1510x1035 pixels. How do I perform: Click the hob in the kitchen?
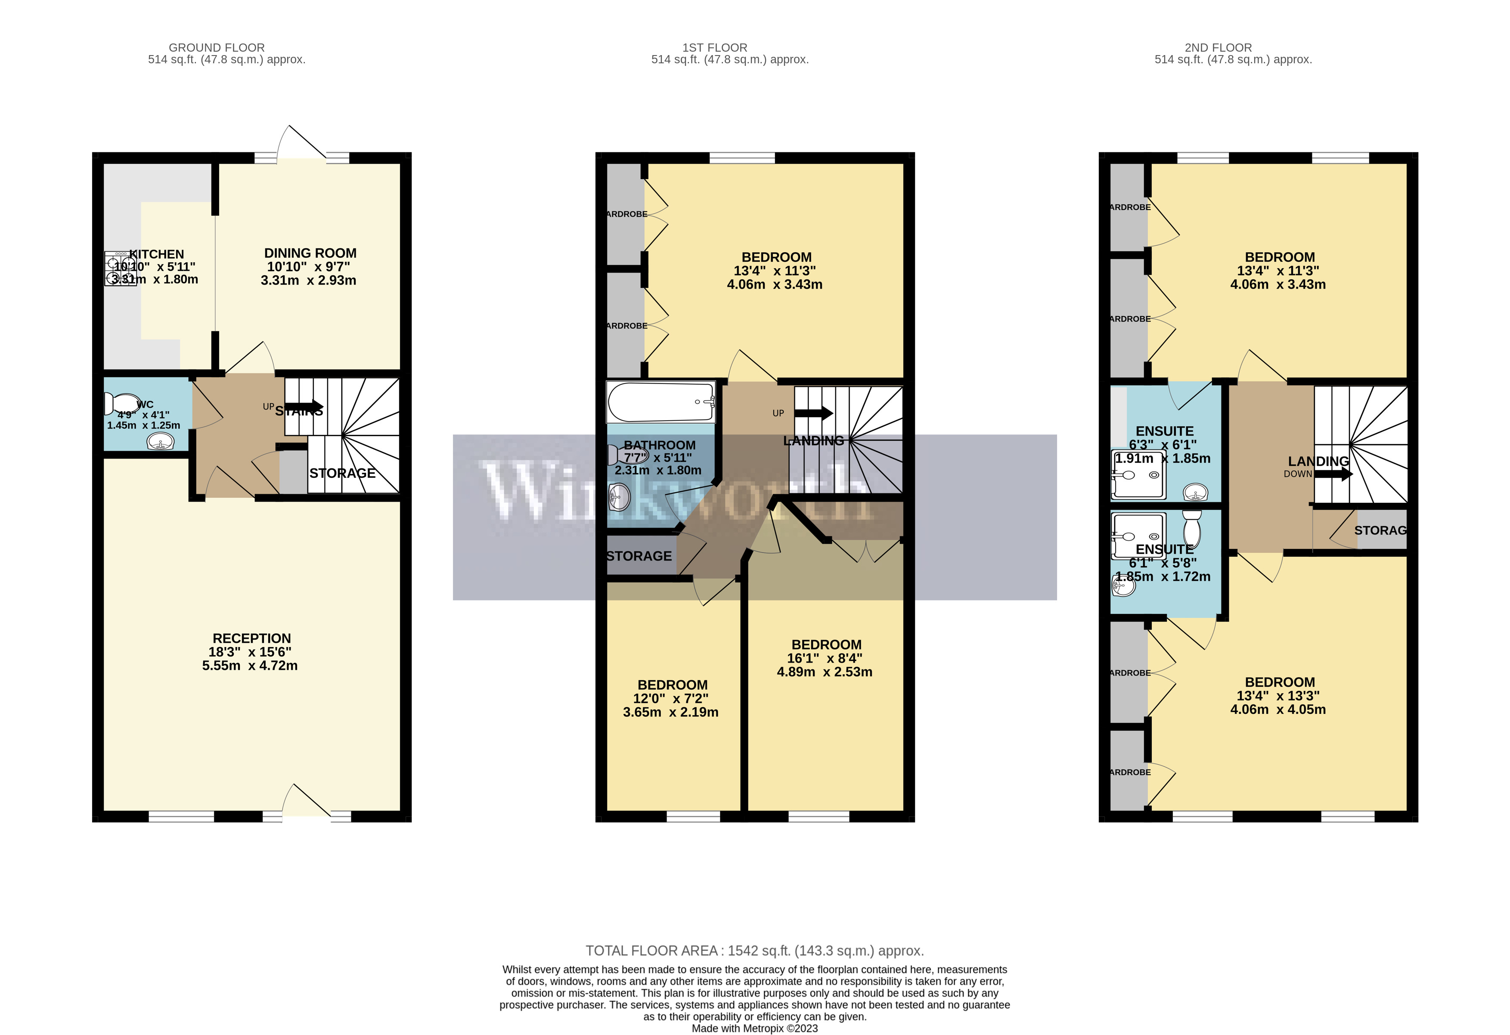click(120, 268)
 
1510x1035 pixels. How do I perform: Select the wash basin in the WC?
click(160, 443)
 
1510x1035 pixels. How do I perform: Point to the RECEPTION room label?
click(251, 638)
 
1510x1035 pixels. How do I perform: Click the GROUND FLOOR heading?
click(217, 47)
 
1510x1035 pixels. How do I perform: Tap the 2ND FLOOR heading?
click(1218, 47)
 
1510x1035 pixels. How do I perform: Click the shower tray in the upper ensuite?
click(1138, 474)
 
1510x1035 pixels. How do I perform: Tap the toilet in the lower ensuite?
click(1192, 528)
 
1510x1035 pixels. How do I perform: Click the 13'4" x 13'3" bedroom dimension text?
click(1278, 696)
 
